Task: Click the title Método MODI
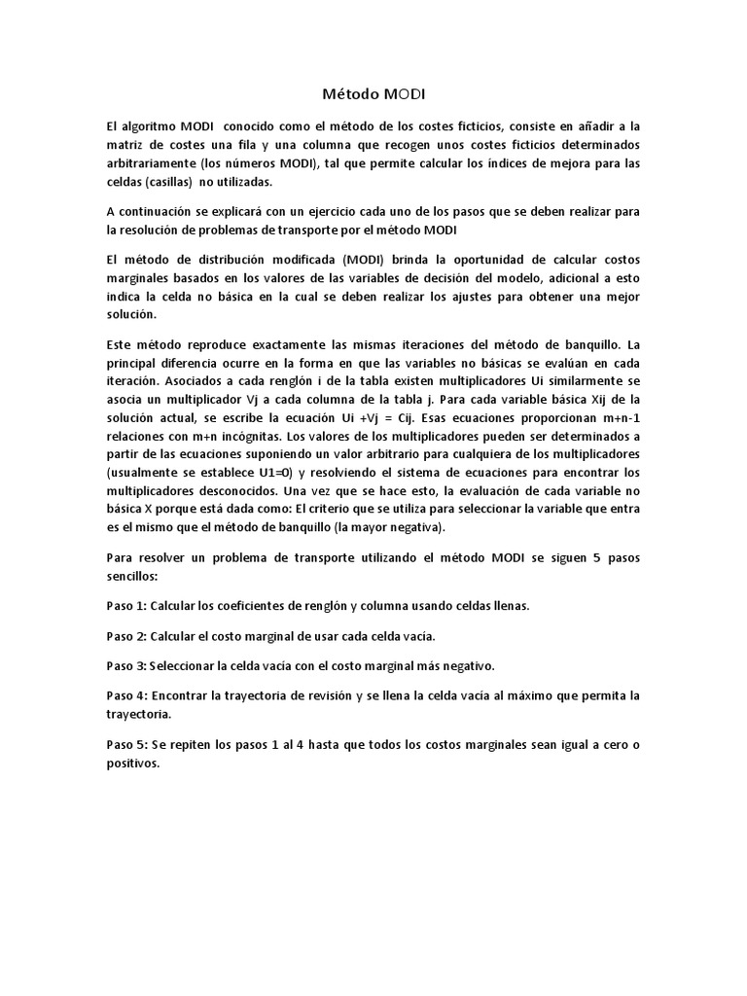(373, 94)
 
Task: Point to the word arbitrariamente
(152, 163)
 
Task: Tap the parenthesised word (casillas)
(196, 182)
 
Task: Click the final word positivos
(132, 764)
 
